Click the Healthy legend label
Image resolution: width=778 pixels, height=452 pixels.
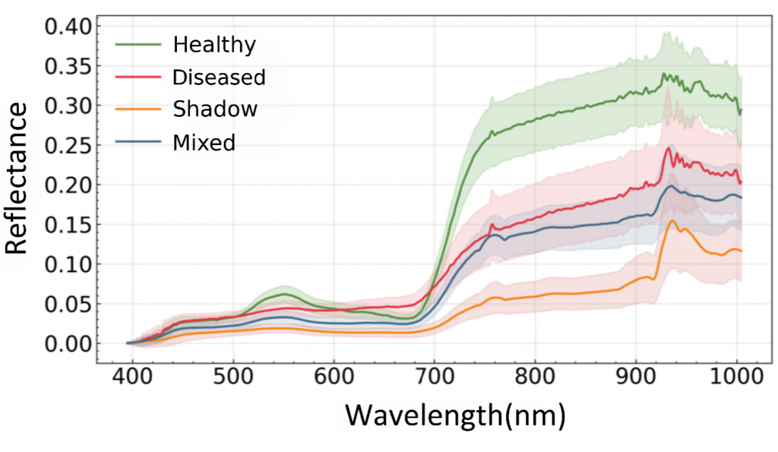point(214,45)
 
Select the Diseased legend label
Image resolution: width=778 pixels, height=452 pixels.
point(219,77)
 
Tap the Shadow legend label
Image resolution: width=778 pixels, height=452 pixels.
point(215,109)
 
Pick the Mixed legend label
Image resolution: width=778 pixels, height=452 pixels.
point(204,142)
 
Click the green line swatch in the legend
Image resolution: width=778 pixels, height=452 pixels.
point(138,45)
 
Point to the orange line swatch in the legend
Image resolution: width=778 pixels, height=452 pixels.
point(138,109)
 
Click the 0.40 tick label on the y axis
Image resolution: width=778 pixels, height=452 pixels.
point(68,27)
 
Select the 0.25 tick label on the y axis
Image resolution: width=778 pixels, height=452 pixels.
point(68,145)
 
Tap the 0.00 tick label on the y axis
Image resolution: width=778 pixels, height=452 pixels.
point(68,343)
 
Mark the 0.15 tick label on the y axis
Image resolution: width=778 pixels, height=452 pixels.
point(68,225)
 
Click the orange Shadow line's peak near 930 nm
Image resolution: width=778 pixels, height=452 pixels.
point(672,221)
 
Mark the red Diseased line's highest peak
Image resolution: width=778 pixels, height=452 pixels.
point(669,147)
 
